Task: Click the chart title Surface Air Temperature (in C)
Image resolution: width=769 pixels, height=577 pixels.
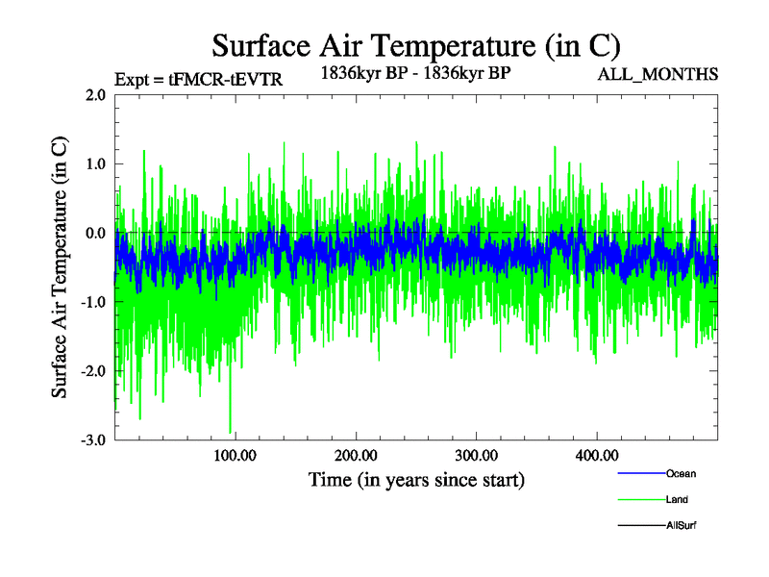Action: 416,45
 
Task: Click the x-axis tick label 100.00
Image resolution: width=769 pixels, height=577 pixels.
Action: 235,455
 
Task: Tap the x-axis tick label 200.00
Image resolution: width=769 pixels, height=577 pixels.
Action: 356,455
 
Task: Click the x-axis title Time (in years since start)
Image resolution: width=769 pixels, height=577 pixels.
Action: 416,479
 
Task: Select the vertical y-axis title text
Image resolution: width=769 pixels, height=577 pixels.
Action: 60,267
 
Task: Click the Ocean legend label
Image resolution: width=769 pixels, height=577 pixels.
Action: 681,473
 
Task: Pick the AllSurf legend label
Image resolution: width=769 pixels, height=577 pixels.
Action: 682,525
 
